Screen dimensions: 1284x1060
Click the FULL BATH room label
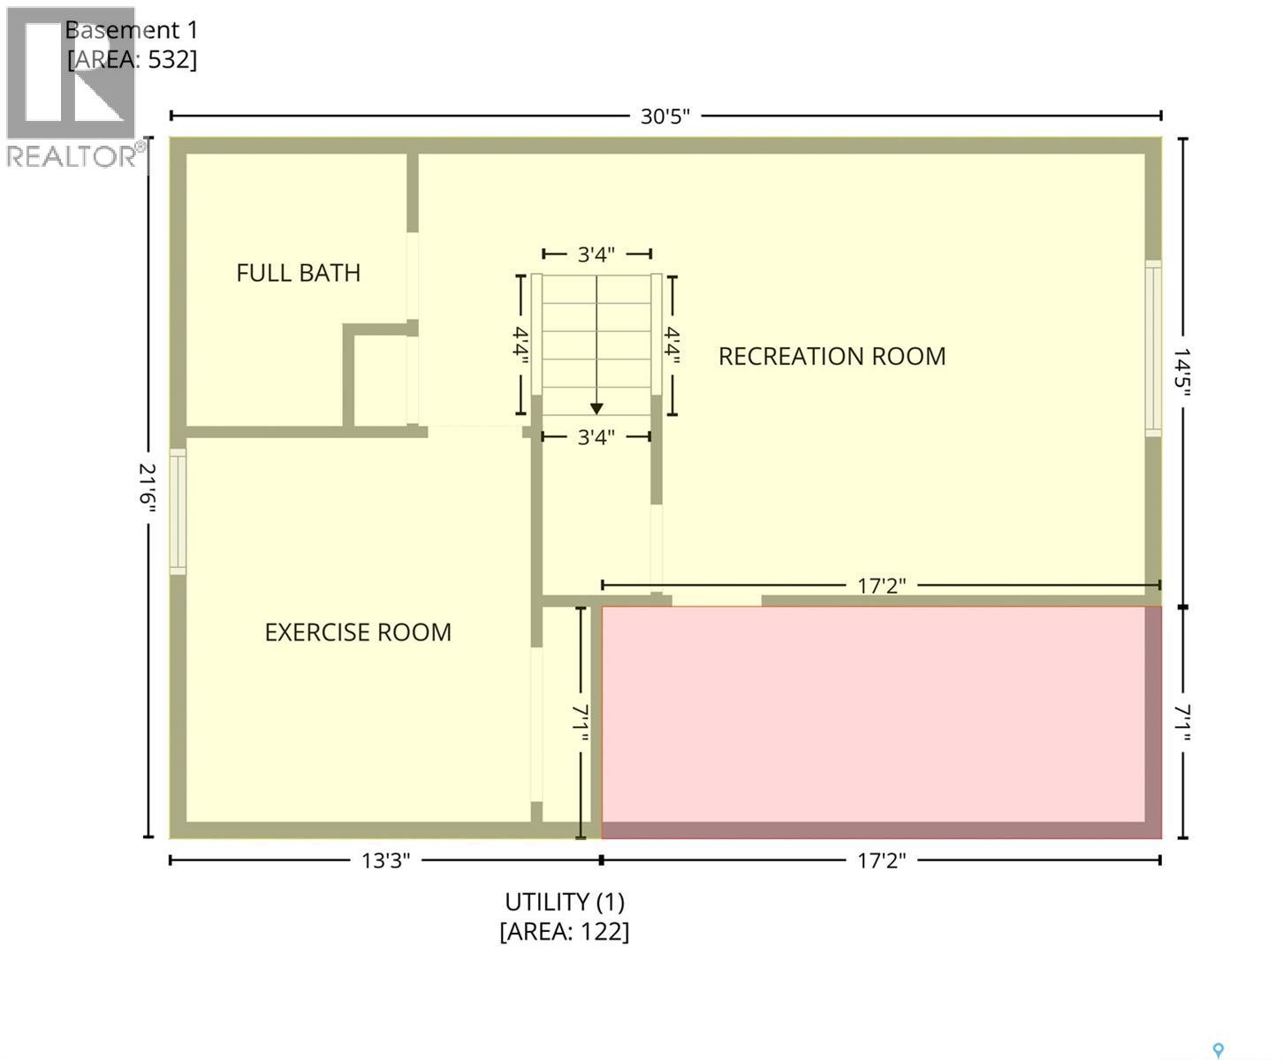(299, 273)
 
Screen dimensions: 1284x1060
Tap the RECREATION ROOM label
(832, 357)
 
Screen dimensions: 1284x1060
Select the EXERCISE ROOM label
(358, 632)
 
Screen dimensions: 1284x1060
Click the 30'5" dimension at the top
(665, 117)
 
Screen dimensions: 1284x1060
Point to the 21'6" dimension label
(148, 488)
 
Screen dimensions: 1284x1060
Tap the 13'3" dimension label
(385, 860)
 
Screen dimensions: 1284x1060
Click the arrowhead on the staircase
(596, 408)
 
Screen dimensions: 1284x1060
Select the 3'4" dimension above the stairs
(596, 254)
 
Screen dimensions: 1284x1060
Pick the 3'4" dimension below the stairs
(596, 437)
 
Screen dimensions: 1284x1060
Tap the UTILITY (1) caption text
(565, 903)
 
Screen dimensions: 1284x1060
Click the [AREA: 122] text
(565, 932)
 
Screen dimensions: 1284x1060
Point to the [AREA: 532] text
(133, 60)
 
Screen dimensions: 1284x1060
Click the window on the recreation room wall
(1153, 349)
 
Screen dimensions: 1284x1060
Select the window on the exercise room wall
(178, 511)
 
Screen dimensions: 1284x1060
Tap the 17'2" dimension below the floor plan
(882, 860)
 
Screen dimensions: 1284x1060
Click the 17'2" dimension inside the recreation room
(882, 586)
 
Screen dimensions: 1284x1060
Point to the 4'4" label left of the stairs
(520, 344)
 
